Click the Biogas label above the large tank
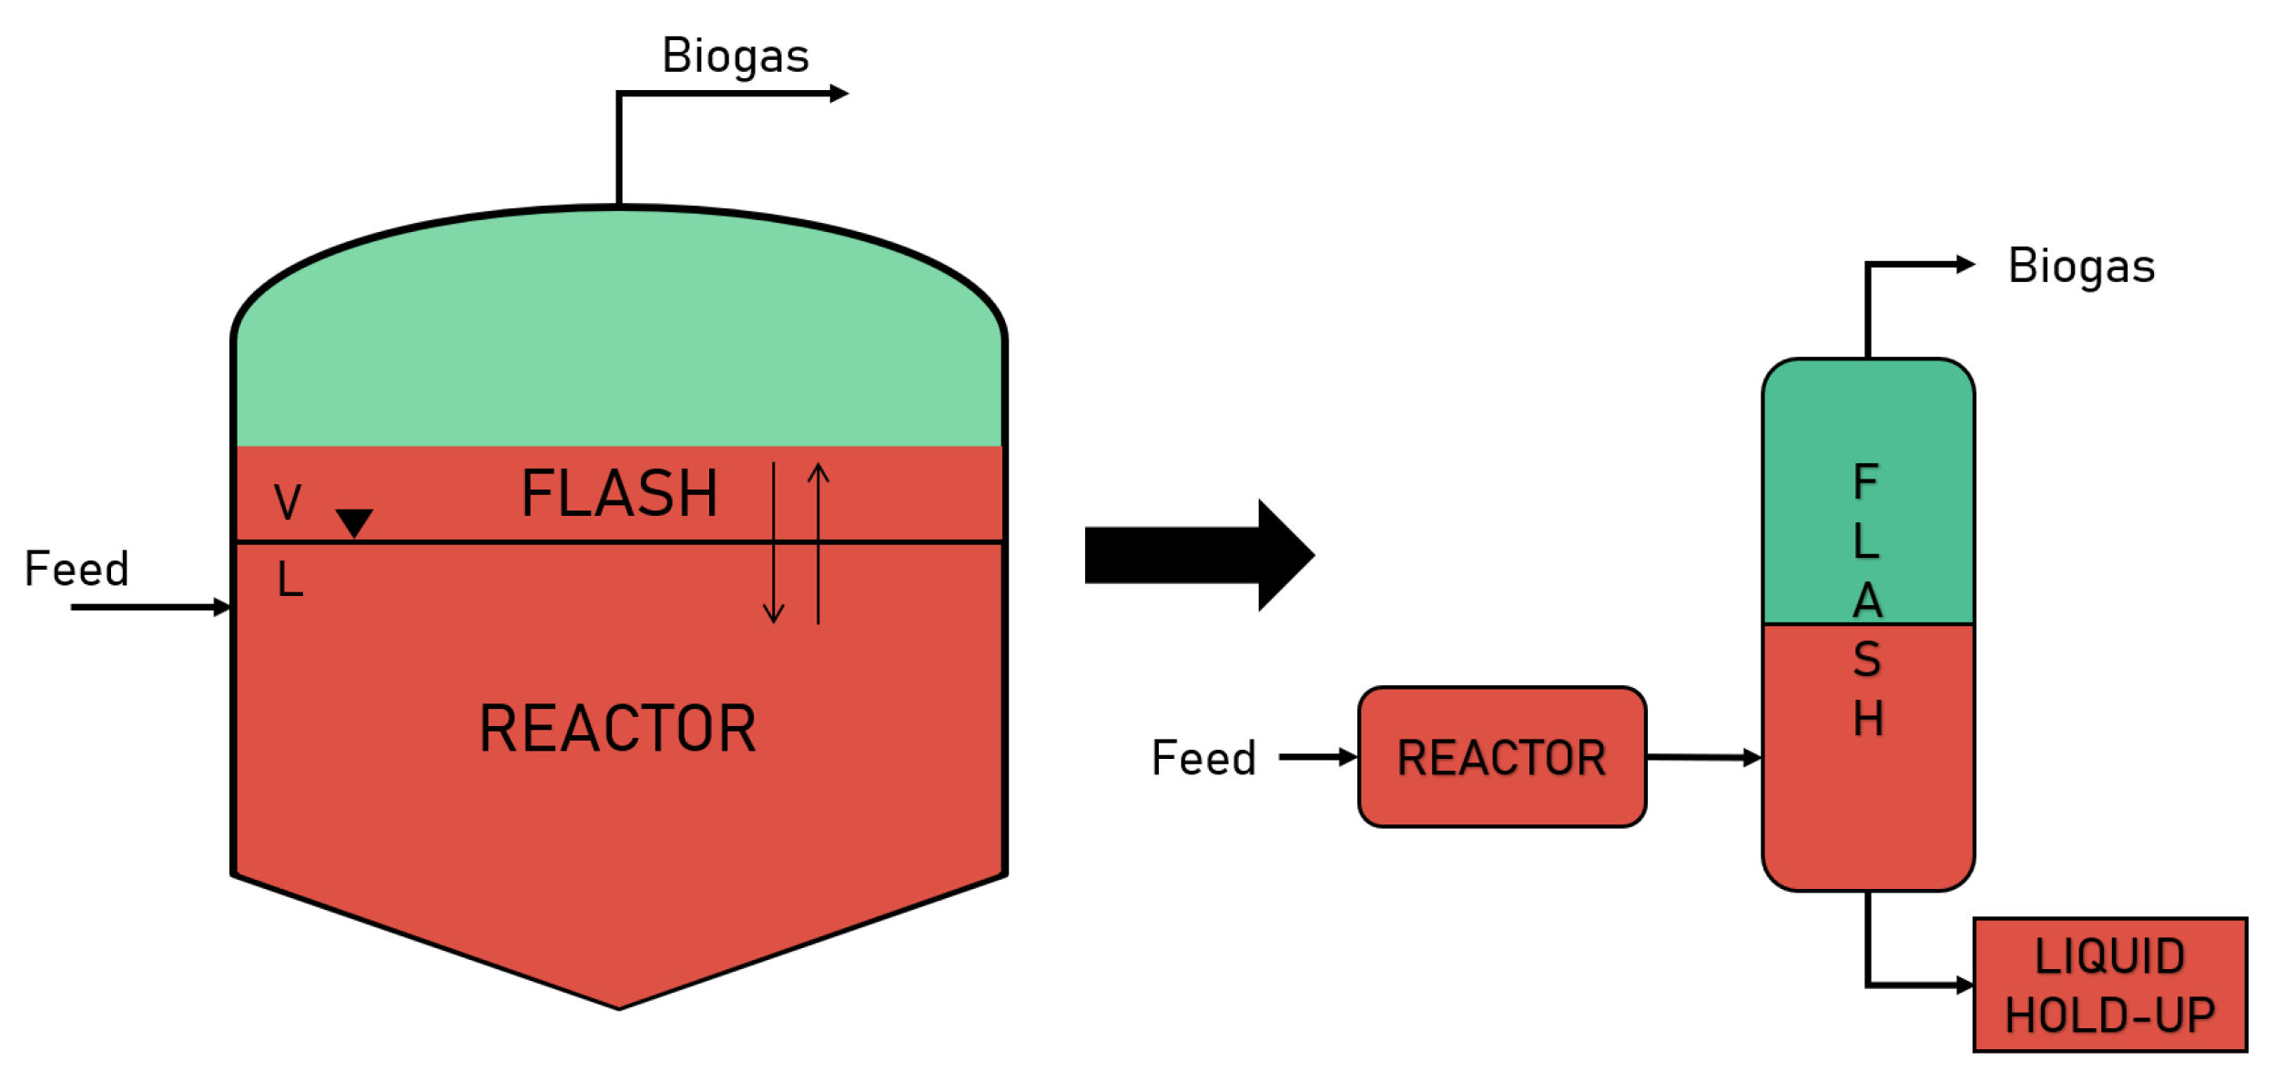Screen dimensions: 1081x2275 735,56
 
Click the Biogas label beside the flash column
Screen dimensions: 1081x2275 2080,267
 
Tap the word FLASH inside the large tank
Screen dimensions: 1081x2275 619,494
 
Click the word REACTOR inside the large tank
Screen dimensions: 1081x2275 617,729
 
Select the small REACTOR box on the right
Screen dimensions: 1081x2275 1501,757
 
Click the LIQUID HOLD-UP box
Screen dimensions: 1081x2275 2109,985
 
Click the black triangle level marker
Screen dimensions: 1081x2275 354,521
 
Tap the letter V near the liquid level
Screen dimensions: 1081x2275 288,502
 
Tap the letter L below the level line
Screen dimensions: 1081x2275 289,580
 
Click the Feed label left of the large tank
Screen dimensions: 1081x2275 76,570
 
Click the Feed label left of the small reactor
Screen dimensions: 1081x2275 1203,758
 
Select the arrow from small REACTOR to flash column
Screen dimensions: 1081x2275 1702,757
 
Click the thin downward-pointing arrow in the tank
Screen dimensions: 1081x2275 773,546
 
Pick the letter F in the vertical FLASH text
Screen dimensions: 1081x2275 1865,481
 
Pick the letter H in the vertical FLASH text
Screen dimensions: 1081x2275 1867,719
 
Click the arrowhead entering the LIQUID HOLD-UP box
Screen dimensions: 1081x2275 1965,985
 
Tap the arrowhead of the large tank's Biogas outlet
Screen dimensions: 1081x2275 838,94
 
